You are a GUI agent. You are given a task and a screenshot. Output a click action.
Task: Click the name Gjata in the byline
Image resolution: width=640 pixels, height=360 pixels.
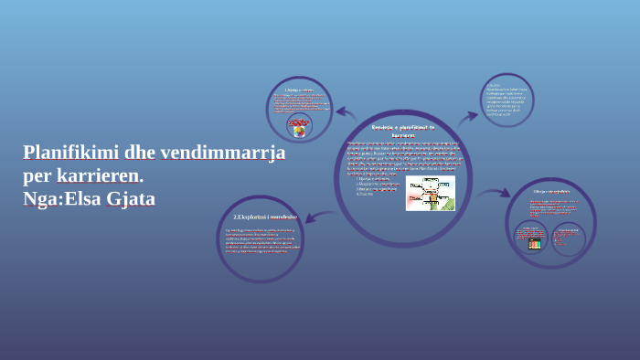click(x=132, y=197)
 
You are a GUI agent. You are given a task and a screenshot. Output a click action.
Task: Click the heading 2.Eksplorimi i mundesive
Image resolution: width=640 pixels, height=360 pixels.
click(x=265, y=217)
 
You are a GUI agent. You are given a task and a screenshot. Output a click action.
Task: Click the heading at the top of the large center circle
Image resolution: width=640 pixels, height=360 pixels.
click(x=403, y=130)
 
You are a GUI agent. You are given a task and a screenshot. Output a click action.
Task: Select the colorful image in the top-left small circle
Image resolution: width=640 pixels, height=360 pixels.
click(x=298, y=126)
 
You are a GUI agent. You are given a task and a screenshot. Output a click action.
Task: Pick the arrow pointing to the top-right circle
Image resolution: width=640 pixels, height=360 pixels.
click(x=468, y=118)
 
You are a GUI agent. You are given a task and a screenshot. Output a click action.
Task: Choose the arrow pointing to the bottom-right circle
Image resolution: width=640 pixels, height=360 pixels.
click(x=494, y=193)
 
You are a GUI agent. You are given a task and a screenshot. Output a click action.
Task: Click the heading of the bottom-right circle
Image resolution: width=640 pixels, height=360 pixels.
click(x=551, y=191)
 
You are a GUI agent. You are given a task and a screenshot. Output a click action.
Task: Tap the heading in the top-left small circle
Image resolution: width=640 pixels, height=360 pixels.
click(x=299, y=90)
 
